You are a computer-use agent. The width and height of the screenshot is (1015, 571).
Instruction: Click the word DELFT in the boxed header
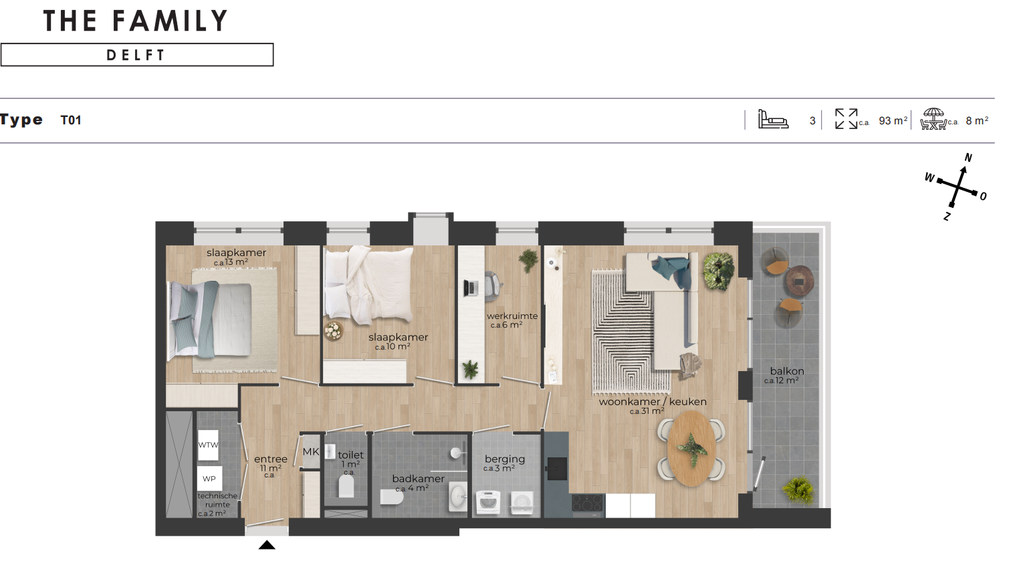click(x=136, y=55)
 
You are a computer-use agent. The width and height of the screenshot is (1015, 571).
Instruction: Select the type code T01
click(x=71, y=120)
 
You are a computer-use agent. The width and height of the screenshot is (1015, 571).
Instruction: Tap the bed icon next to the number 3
click(x=773, y=119)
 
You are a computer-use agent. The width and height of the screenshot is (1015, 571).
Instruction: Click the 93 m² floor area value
click(x=893, y=120)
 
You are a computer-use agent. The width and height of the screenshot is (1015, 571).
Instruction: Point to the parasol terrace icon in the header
click(x=933, y=119)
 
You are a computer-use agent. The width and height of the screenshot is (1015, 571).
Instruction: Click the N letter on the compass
click(x=968, y=158)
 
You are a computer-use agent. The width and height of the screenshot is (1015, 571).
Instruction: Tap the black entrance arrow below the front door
click(x=267, y=545)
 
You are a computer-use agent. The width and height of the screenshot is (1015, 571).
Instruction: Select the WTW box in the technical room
click(x=208, y=445)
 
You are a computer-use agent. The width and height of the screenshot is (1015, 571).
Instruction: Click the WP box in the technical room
click(x=209, y=479)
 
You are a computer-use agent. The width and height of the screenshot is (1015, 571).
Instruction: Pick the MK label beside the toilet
click(x=311, y=452)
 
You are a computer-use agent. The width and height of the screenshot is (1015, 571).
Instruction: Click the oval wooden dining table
click(x=691, y=449)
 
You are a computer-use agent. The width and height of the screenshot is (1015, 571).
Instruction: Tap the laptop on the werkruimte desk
click(x=470, y=288)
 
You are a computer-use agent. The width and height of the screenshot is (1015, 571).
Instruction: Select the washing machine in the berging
click(x=488, y=502)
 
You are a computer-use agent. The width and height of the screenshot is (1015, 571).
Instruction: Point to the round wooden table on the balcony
click(x=800, y=281)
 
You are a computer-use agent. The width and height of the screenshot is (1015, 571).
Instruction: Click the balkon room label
click(x=787, y=371)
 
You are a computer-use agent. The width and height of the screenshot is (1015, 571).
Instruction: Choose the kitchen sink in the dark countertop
click(x=557, y=468)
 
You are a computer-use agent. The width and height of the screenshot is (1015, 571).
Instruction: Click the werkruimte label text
click(x=512, y=316)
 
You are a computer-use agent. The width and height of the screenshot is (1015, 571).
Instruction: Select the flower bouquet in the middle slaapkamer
click(x=334, y=330)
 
